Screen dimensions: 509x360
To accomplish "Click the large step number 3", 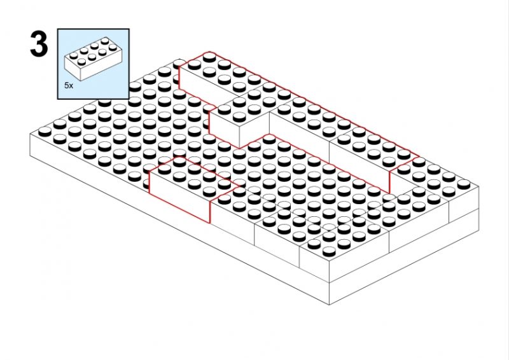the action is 39,45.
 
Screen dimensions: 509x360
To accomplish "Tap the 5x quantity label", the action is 69,86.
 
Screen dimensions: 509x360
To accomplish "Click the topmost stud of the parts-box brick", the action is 105,41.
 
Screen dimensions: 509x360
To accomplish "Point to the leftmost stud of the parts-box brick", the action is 74,55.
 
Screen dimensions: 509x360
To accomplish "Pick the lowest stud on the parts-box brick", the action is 81,61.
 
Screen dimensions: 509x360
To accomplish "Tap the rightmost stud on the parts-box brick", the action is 113,48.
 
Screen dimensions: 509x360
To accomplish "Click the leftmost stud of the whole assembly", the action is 45,132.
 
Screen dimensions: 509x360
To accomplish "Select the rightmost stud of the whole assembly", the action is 464,184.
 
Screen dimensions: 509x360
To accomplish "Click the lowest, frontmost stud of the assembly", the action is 329,251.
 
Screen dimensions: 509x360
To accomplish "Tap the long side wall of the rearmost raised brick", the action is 208,85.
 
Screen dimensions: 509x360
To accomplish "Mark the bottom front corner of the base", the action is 329,305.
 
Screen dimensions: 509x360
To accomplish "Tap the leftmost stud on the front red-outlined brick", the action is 165,168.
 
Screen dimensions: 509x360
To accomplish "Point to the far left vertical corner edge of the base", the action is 30,145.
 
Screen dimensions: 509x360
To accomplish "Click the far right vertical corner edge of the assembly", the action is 479,208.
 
